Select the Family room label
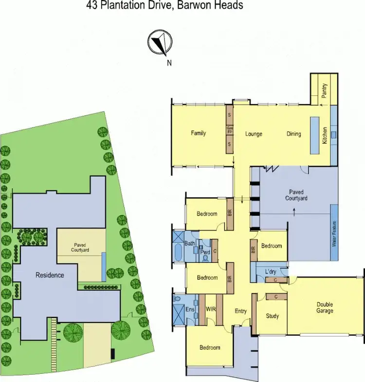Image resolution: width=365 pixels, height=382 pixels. pyautogui.click(x=199, y=133)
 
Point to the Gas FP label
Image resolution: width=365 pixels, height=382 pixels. pyautogui.click(x=230, y=130)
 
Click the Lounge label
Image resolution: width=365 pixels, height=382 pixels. pyautogui.click(x=254, y=134)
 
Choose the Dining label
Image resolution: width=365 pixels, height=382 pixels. pyautogui.click(x=293, y=134)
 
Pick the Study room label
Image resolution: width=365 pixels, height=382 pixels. pyautogui.click(x=273, y=316)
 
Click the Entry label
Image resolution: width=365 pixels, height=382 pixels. pyautogui.click(x=240, y=311)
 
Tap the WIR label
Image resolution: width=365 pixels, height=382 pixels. pyautogui.click(x=211, y=309)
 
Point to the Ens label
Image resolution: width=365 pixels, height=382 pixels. pyautogui.click(x=189, y=309)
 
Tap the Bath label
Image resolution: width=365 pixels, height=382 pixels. pyautogui.click(x=189, y=243)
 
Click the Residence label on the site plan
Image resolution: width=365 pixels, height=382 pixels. pyautogui.click(x=50, y=275)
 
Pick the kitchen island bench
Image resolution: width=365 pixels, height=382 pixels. pyautogui.click(x=314, y=135)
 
